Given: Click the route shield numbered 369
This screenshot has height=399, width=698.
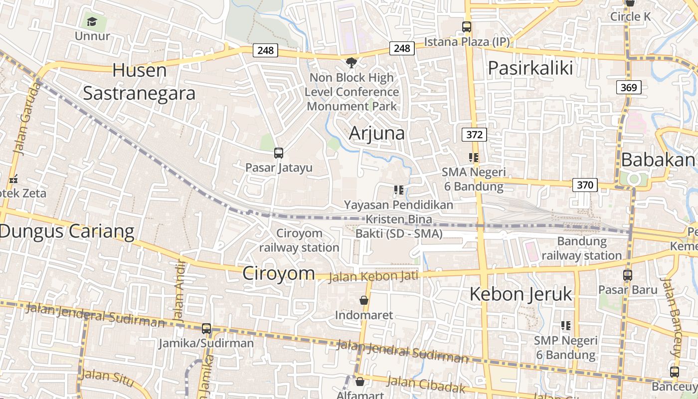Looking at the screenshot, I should pos(629,88).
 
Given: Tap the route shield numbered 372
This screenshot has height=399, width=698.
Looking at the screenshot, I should pos(474,134).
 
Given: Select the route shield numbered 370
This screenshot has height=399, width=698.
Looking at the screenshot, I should pos(585,185).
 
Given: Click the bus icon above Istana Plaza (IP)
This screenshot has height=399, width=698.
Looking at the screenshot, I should pos(467,27).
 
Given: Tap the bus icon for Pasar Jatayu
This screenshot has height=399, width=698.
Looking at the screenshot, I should pos(279,153).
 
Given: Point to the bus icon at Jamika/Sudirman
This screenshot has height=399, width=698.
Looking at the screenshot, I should pos(206,329).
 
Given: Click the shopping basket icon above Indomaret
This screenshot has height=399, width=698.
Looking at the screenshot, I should pos(364,300).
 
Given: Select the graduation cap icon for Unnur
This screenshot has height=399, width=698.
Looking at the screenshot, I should pos(92,21).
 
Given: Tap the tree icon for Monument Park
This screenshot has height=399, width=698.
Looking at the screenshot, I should pos(351,62).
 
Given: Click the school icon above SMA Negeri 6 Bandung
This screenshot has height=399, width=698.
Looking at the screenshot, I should pos(474,158).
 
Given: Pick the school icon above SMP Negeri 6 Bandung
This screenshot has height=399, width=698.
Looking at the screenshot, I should pos(566,326).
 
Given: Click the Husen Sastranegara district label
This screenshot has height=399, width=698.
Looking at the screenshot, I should pos(139,82).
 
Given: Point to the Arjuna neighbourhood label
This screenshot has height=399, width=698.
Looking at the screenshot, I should pos(376,133).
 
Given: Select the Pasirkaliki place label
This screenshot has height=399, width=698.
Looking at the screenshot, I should pos(530,68).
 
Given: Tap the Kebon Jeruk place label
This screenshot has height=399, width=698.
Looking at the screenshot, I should pos(521,294).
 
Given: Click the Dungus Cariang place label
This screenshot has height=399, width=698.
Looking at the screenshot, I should pos(67,231).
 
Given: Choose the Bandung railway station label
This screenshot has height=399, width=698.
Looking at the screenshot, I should pos(582,248).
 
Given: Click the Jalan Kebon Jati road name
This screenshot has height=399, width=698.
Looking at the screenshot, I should pos(373,276).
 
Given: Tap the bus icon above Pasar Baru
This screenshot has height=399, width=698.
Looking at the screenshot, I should pos(628,275).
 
